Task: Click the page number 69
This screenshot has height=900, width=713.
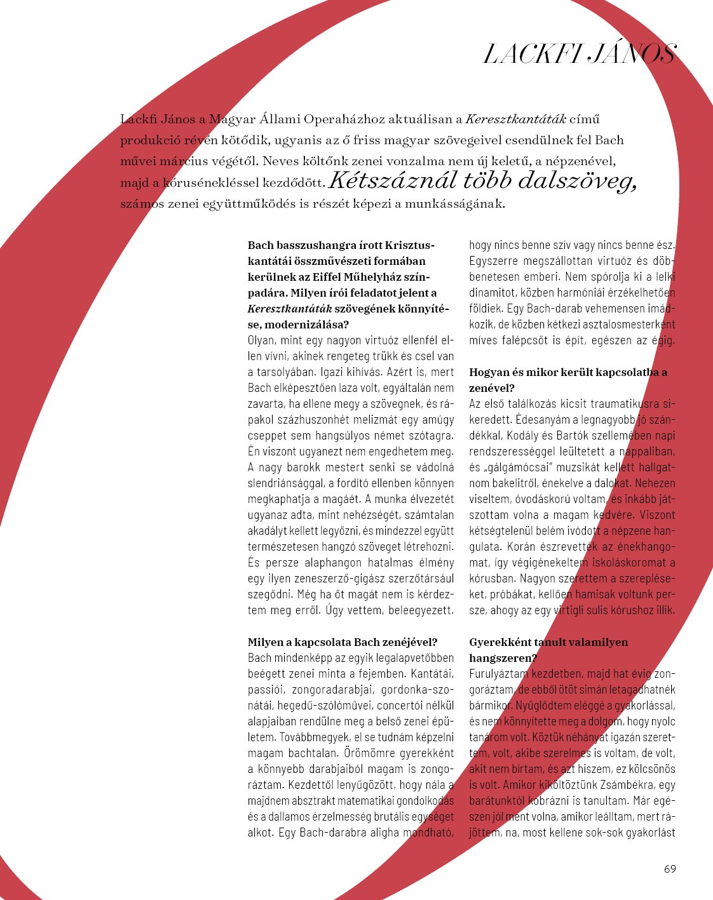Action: tap(670, 869)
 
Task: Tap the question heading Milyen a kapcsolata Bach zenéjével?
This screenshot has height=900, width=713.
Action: tap(343, 642)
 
